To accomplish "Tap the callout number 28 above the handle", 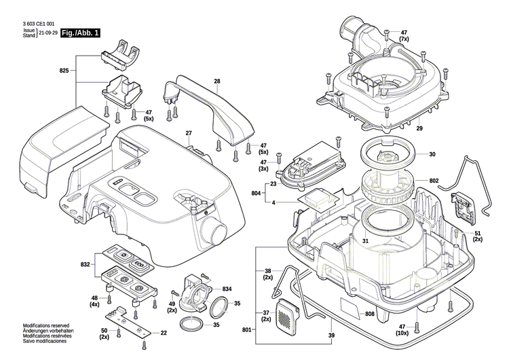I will (x=217, y=82).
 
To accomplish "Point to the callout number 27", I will (x=189, y=132).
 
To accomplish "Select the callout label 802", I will (x=434, y=181).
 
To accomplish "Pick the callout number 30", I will (x=432, y=154).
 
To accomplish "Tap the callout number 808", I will (x=370, y=295).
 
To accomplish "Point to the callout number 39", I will (x=331, y=336).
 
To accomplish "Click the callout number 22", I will (x=164, y=332).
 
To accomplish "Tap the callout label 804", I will (x=256, y=194).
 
